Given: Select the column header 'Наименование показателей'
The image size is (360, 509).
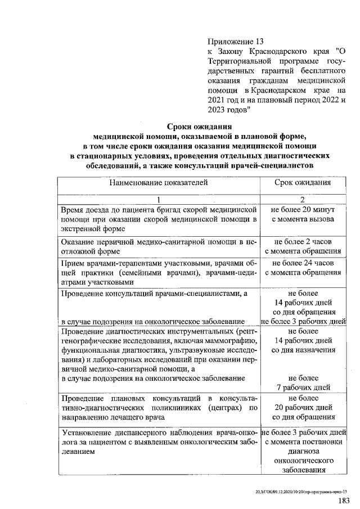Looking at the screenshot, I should coord(159,183).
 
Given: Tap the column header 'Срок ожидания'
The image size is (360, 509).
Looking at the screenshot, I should coord(303,183).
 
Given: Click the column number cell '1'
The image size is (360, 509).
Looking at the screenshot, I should coord(159,199).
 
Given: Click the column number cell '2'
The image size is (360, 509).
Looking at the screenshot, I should coord(302,199).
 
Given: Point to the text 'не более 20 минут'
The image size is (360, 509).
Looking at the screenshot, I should coord(303,209).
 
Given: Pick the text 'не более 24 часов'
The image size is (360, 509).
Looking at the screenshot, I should coord(303,263).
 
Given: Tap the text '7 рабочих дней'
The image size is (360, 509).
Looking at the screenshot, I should coord(303,388).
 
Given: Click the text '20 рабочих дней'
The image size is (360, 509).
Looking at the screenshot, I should coord(303,408).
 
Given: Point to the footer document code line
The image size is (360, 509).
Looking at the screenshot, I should coord(306,490).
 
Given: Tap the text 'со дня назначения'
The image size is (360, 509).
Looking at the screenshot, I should coord(303,350).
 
